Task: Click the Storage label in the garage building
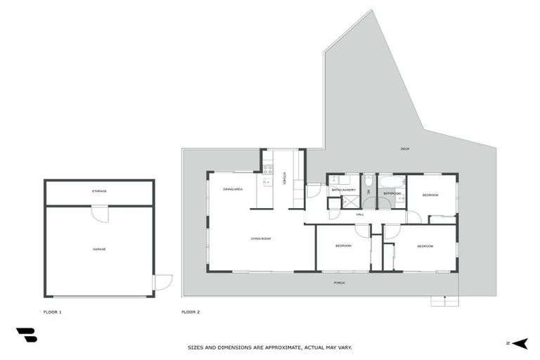(99, 191)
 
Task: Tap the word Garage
(99, 249)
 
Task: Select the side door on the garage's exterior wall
(162, 282)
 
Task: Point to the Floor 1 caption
(53, 311)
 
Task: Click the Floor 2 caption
(191, 311)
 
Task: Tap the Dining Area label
(233, 190)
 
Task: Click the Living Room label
(261, 239)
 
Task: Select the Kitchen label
(284, 179)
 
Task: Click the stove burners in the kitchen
(267, 169)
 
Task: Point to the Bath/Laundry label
(344, 190)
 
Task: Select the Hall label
(359, 214)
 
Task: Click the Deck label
(404, 149)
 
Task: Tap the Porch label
(339, 283)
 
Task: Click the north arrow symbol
(520, 343)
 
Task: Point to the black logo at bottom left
(26, 335)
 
